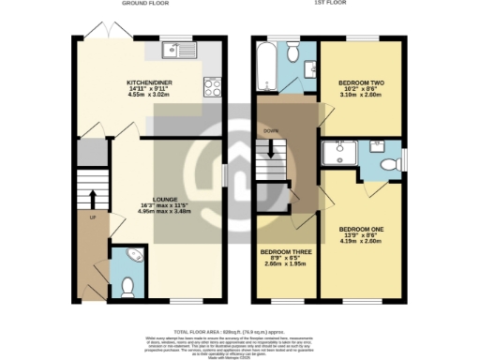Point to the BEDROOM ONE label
[x=360, y=229]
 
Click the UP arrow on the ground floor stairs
[x=93, y=198]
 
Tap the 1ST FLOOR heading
[x=330, y=5]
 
